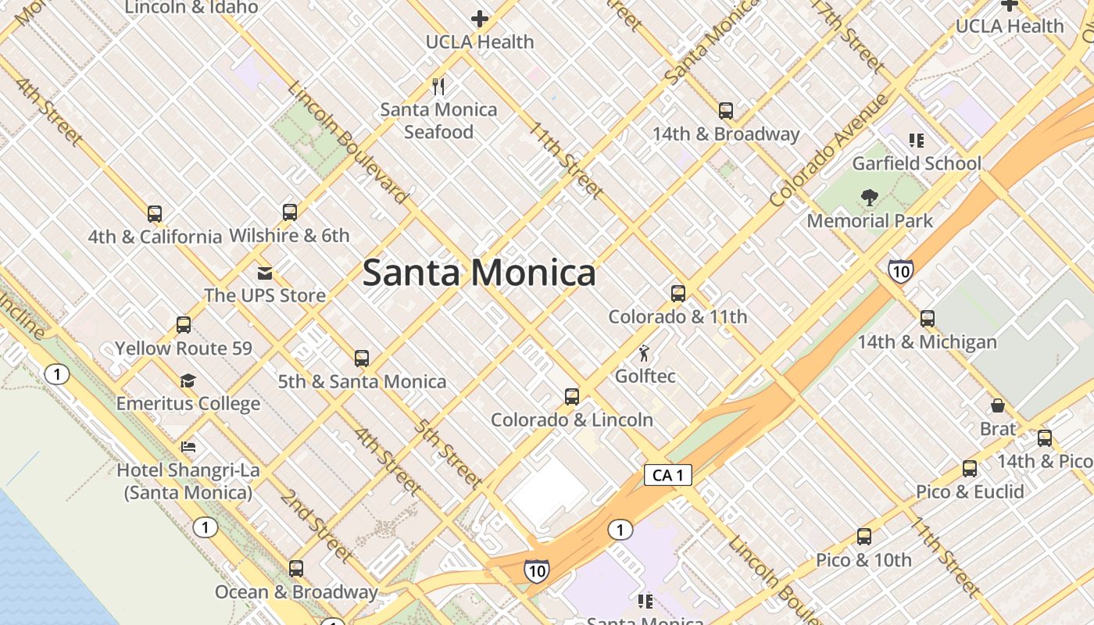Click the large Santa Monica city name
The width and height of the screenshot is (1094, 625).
tap(479, 273)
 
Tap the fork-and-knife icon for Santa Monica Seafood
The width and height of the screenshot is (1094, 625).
tap(438, 86)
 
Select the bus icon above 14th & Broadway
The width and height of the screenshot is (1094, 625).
tap(726, 111)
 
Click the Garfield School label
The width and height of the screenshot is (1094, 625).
tap(916, 163)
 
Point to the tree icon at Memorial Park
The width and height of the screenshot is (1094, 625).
tap(869, 198)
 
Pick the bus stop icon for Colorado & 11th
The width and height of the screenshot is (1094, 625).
tap(677, 294)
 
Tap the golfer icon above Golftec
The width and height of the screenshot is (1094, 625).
tap(644, 353)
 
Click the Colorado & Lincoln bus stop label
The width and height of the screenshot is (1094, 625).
tap(571, 420)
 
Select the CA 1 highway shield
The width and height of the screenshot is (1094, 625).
tap(668, 475)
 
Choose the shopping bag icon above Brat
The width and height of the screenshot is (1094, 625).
tap(998, 405)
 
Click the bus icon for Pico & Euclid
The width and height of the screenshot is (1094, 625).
tap(970, 469)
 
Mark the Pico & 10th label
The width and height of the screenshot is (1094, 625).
tap(863, 560)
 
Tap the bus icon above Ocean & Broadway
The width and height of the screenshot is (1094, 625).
tap(296, 569)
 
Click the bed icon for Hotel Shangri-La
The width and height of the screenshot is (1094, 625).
tap(188, 448)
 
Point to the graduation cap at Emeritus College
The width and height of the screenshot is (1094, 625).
tap(188, 381)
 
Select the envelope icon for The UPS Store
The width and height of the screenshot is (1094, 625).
tap(264, 273)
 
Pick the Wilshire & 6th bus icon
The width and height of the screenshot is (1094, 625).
tap(289, 212)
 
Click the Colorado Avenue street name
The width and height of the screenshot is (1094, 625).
tap(829, 150)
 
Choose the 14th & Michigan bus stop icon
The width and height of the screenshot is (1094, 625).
tap(928, 319)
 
